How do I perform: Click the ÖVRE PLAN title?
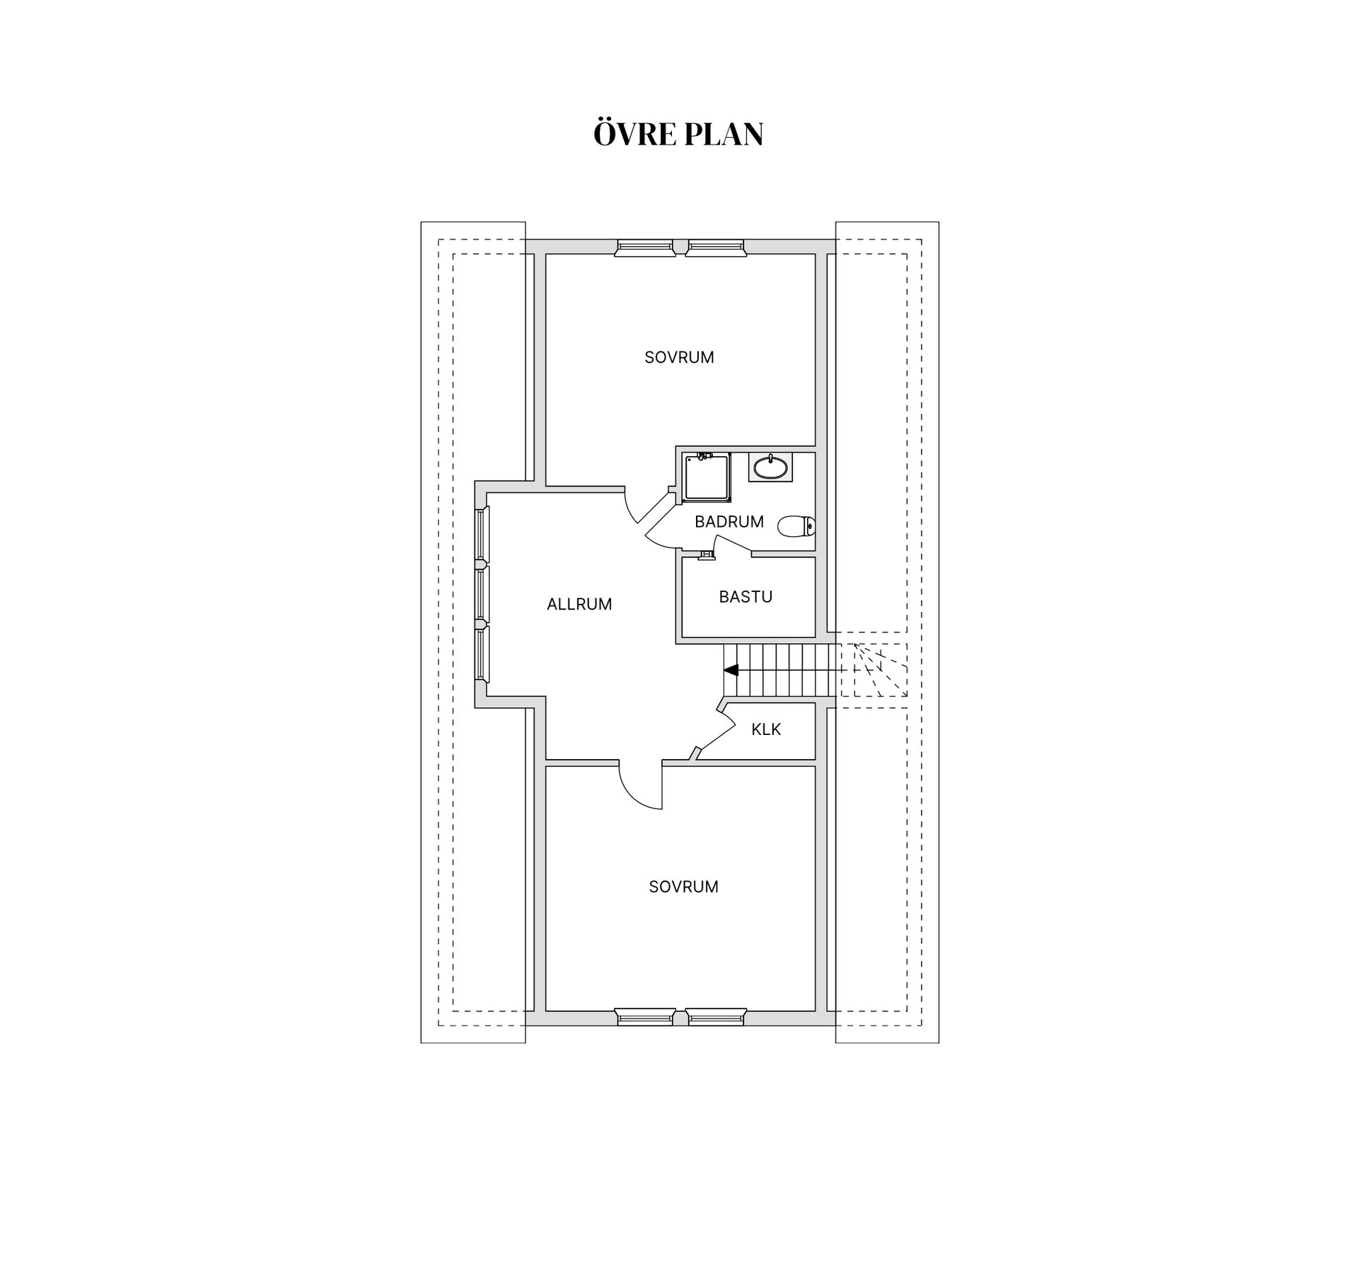click(678, 134)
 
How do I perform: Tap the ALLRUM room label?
click(579, 604)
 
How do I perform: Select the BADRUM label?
click(729, 522)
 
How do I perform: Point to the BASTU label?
click(745, 597)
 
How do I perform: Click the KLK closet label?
click(766, 729)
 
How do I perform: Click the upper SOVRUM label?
click(679, 358)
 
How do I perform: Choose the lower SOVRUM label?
click(683, 887)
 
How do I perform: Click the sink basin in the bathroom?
click(770, 468)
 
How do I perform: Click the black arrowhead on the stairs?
click(731, 670)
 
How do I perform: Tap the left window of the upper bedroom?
click(644, 247)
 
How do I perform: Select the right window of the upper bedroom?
click(716, 247)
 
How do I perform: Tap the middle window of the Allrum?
click(482, 595)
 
